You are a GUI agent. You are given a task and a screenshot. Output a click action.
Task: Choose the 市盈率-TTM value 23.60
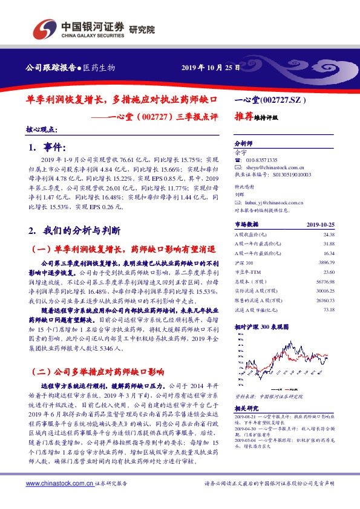coord(329,273)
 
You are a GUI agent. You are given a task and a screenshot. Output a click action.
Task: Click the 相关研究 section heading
coord(245,409)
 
